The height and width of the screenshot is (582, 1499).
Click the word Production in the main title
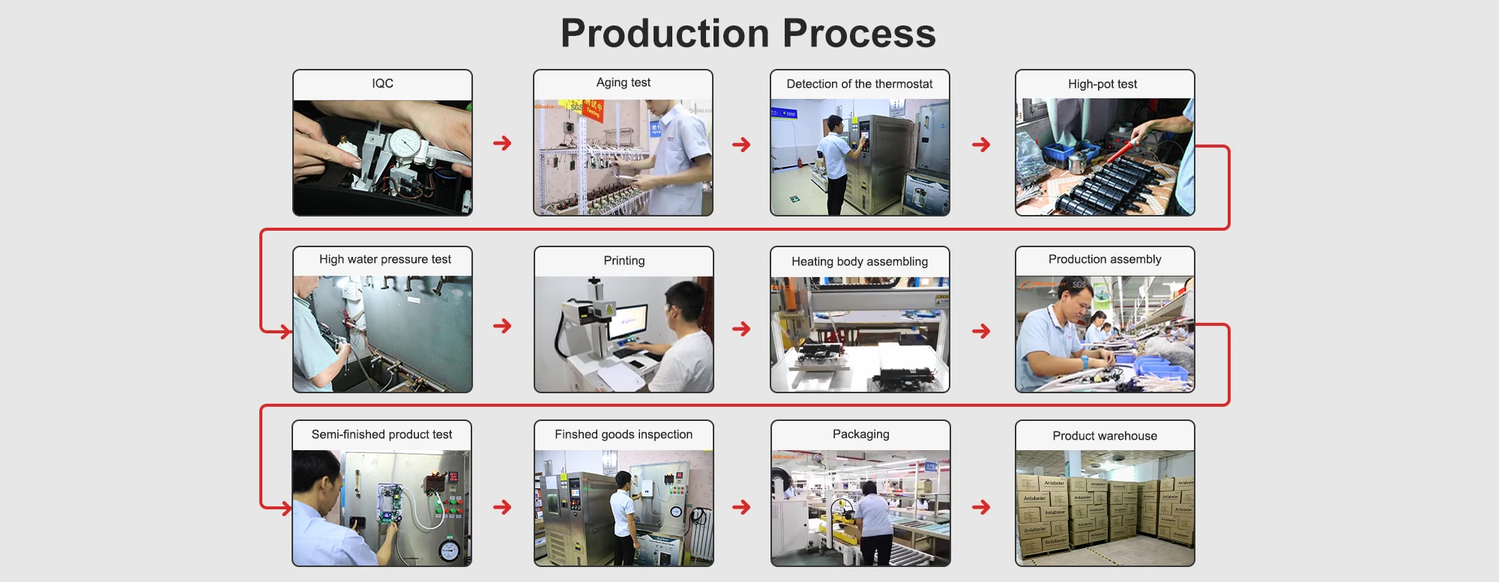[x=665, y=34]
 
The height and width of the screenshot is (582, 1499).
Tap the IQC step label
[x=382, y=83]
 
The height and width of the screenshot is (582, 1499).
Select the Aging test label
[x=624, y=83]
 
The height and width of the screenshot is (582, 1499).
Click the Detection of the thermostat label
[x=860, y=84]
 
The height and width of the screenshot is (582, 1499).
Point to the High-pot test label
[x=1103, y=84]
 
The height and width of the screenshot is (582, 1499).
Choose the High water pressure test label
[x=385, y=259]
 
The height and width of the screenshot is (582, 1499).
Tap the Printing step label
[x=624, y=261]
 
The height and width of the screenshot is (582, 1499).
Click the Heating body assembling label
[x=860, y=261]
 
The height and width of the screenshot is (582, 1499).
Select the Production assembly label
[x=1105, y=259]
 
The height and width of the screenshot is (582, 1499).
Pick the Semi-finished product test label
[x=381, y=434]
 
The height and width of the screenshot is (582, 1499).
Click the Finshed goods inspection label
[x=624, y=434]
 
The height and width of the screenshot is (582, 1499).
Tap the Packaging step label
[x=861, y=434]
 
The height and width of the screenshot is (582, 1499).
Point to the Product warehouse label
[x=1105, y=436]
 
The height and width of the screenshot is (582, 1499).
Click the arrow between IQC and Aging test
[x=502, y=143]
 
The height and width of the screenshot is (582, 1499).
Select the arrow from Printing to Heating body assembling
[x=741, y=329]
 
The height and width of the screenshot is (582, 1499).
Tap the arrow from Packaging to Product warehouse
[x=981, y=507]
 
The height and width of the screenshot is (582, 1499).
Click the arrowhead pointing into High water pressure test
[x=286, y=330]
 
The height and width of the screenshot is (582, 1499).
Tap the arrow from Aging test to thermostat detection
[x=741, y=145]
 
